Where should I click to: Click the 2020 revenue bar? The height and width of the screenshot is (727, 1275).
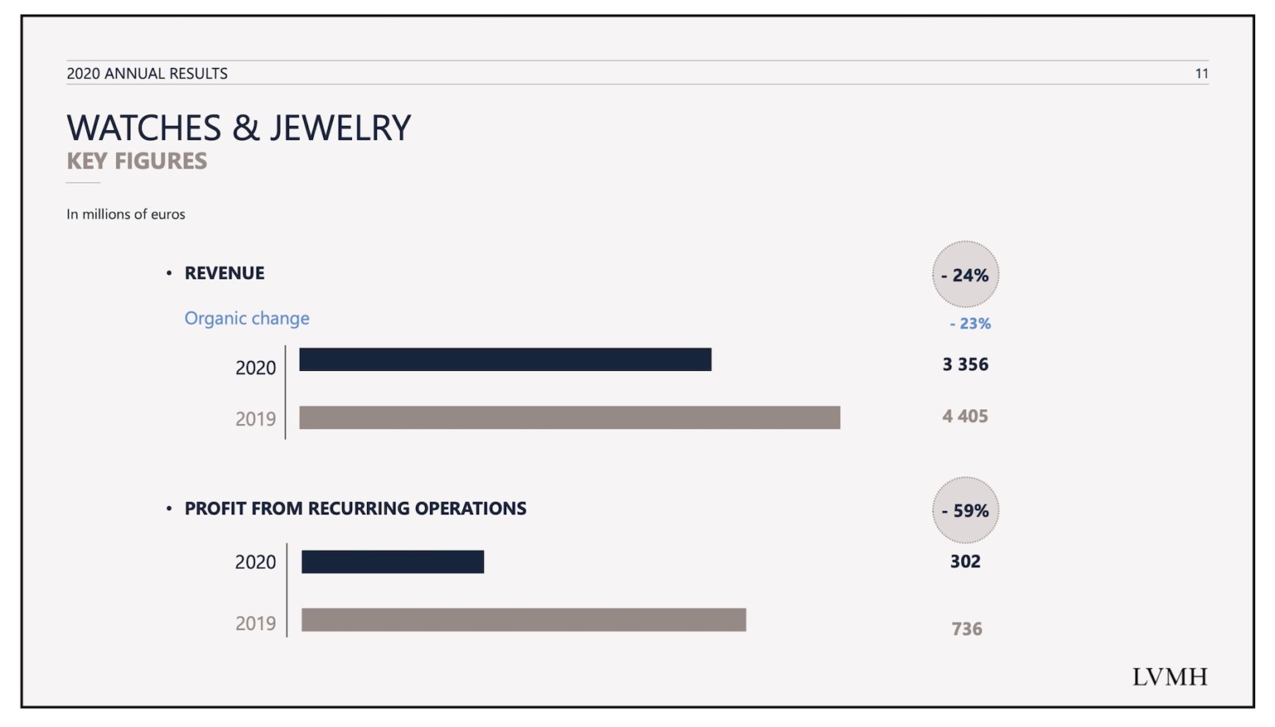pyautogui.click(x=505, y=359)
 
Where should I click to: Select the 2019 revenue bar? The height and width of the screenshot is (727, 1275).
pyautogui.click(x=569, y=417)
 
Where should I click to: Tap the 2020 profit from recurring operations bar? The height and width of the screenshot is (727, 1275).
pyautogui.click(x=393, y=562)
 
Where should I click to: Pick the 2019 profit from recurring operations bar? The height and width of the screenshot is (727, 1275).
pyautogui.click(x=524, y=620)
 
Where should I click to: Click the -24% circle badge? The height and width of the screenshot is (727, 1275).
pyautogui.click(x=965, y=275)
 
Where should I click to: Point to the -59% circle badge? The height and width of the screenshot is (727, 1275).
pyautogui.click(x=965, y=510)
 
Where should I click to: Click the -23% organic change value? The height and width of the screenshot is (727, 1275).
pyautogui.click(x=970, y=324)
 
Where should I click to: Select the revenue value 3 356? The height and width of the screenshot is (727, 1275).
pyautogui.click(x=965, y=364)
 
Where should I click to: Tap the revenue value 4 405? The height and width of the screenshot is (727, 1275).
pyautogui.click(x=965, y=417)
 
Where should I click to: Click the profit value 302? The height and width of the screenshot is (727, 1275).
pyautogui.click(x=965, y=562)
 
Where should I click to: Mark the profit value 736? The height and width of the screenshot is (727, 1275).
pyautogui.click(x=966, y=629)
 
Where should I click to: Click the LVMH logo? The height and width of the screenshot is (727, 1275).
pyautogui.click(x=1170, y=677)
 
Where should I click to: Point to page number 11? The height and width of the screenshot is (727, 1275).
pyautogui.click(x=1201, y=74)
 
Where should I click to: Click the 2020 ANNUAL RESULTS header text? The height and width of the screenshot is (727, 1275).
pyautogui.click(x=147, y=74)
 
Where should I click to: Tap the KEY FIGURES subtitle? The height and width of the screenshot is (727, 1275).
pyautogui.click(x=137, y=161)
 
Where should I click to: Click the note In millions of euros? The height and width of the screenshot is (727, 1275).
pyautogui.click(x=126, y=214)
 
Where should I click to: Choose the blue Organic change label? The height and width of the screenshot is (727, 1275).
pyautogui.click(x=247, y=319)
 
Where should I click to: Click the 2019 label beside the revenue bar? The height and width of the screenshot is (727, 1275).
pyautogui.click(x=255, y=419)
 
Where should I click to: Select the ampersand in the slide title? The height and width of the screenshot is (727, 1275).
pyautogui.click(x=246, y=129)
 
